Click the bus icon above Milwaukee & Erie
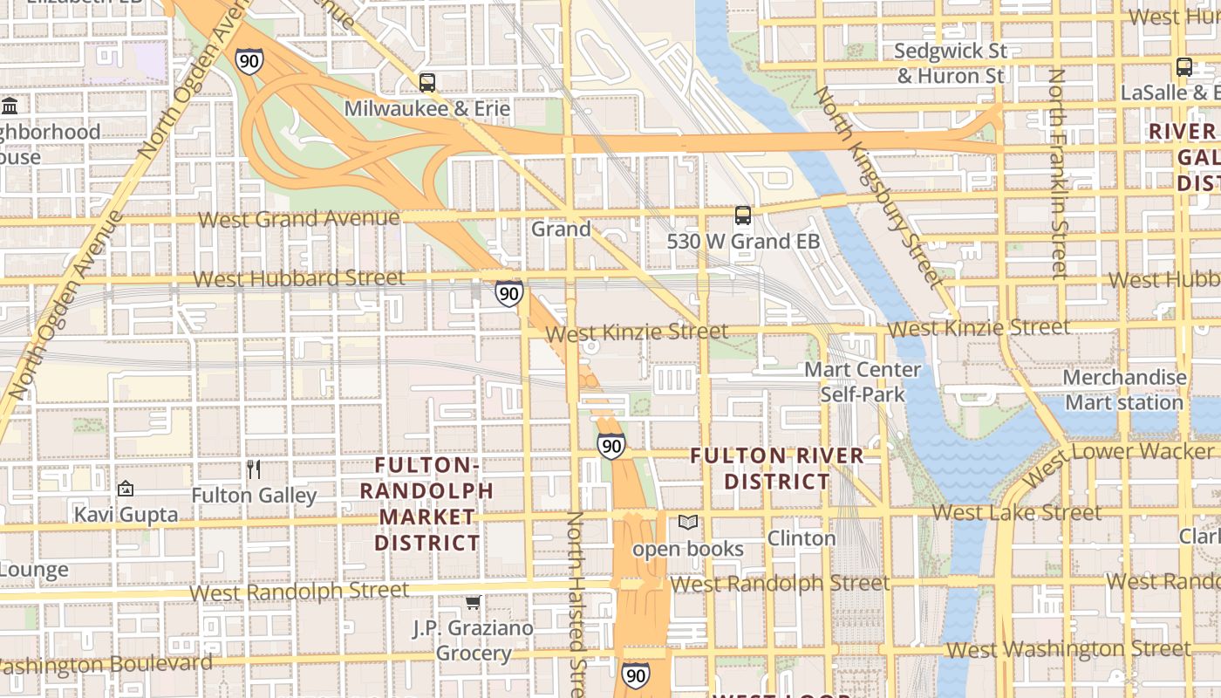427,83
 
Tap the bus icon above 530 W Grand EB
743,215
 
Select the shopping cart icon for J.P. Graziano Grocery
473,603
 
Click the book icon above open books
688,523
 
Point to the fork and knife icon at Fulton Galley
254,469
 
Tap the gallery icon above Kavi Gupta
126,489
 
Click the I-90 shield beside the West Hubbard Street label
509,293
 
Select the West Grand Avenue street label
298,218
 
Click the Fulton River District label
777,469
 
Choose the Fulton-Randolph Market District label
426,503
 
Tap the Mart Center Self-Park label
863,382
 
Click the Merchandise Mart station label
1124,390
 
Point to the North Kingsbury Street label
878,187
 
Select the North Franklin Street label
1058,174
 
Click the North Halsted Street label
576,602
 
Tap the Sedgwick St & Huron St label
951,64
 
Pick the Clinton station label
801,538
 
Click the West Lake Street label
1016,513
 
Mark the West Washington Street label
1068,649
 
